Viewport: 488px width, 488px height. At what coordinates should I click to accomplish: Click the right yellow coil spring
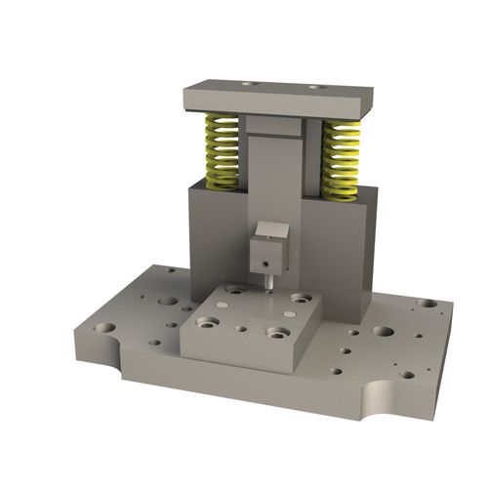tap(341, 158)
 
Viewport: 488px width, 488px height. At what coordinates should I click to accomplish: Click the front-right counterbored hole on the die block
tap(275, 332)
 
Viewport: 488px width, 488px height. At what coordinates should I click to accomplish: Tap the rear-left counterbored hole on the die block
tap(235, 289)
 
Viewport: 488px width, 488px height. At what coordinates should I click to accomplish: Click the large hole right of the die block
tap(384, 331)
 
